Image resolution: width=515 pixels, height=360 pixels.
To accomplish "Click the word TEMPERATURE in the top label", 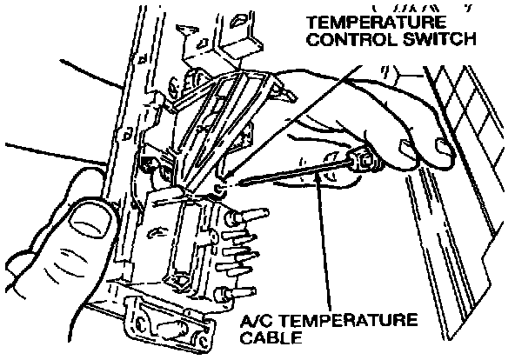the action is point(377,23).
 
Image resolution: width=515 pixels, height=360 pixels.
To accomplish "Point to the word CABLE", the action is point(271,337).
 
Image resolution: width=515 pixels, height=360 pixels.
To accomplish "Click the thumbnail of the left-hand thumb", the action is point(90,219).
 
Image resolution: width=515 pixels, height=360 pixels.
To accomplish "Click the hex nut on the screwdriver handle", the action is point(365,160).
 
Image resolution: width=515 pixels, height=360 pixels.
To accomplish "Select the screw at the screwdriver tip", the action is point(219,189).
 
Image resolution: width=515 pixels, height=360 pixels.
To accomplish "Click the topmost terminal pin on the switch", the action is point(247,217).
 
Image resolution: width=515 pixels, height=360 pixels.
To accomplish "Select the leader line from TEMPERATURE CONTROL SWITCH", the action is point(292,124).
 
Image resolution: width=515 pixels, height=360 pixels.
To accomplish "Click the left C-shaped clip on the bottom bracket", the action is point(140,323).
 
